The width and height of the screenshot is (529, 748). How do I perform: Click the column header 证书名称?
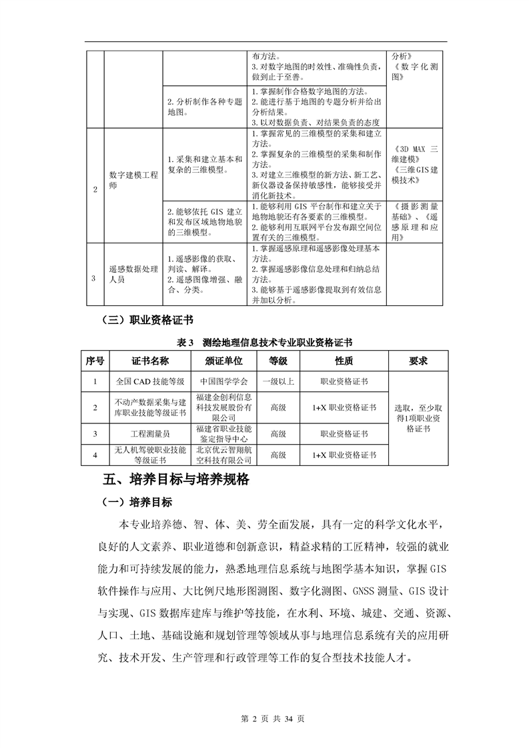tap(149, 361)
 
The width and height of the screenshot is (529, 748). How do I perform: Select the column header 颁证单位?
tap(224, 361)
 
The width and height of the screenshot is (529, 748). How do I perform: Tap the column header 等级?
tap(278, 361)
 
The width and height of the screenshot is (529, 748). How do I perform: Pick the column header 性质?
tap(344, 361)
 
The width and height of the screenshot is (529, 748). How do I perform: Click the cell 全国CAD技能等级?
tap(149, 382)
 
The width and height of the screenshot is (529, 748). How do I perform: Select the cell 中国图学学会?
tap(224, 382)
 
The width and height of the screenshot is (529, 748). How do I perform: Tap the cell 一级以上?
tap(278, 382)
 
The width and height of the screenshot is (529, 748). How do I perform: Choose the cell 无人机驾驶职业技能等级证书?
tap(149, 455)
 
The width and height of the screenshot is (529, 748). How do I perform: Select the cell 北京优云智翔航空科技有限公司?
tap(224, 455)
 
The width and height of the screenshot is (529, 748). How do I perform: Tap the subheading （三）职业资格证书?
tap(146, 320)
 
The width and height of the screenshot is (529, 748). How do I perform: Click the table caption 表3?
tap(185, 342)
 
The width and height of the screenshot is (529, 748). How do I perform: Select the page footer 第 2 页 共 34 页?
tap(264, 719)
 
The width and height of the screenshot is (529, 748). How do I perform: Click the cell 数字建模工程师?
tap(134, 181)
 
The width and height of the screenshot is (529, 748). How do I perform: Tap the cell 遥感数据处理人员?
tap(134, 275)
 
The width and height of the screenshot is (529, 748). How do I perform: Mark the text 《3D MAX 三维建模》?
tap(415, 154)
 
